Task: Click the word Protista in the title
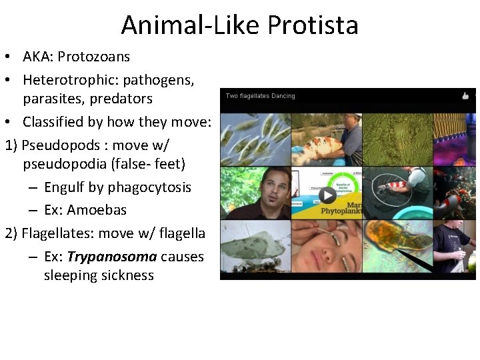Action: click(313, 25)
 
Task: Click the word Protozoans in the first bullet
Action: click(93, 57)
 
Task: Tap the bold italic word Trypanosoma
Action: click(112, 257)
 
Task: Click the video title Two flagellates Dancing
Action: click(260, 96)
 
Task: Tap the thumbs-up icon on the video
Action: click(465, 96)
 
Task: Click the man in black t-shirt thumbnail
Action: click(453, 247)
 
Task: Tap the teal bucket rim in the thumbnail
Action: click(397, 193)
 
